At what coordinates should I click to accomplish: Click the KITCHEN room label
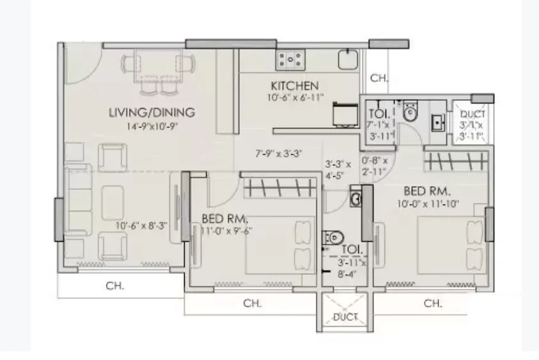coord(294,86)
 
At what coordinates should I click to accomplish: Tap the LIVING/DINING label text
coord(152,113)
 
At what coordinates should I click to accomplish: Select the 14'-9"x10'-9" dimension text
coord(152,126)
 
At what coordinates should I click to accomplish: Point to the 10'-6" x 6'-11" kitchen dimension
coord(295,97)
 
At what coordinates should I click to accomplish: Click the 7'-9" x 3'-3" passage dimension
coord(278,153)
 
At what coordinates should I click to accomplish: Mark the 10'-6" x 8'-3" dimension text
coord(142,225)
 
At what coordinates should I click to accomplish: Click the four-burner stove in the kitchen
coord(290,59)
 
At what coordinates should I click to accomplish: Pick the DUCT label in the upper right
coord(472,114)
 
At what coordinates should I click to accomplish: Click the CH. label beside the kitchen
coord(379,78)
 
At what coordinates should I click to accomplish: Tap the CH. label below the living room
coord(115,286)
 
